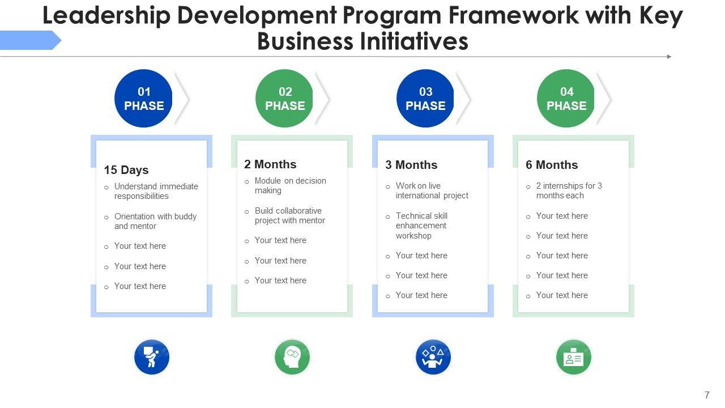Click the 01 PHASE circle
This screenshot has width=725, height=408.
click(143, 99)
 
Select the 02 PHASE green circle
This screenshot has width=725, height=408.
click(284, 99)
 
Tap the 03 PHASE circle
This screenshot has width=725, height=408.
click(425, 99)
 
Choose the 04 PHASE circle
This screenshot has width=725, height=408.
click(566, 99)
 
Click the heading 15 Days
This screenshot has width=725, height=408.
click(126, 170)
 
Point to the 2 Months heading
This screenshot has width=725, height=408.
click(270, 164)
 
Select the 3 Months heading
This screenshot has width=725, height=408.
click(411, 165)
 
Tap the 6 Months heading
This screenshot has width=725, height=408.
click(552, 165)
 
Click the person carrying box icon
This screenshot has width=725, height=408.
click(152, 357)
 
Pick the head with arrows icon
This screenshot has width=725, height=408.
click(292, 357)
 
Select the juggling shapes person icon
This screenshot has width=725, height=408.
click(433, 357)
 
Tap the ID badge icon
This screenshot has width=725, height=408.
click(574, 357)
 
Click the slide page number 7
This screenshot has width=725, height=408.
click(707, 396)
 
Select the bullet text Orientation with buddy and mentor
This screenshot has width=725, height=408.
click(155, 221)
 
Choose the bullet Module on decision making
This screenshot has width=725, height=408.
click(290, 185)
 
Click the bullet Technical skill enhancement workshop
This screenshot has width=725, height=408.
click(421, 226)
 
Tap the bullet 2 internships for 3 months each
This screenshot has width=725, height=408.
click(569, 190)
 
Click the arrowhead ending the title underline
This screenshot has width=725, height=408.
click(669, 57)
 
